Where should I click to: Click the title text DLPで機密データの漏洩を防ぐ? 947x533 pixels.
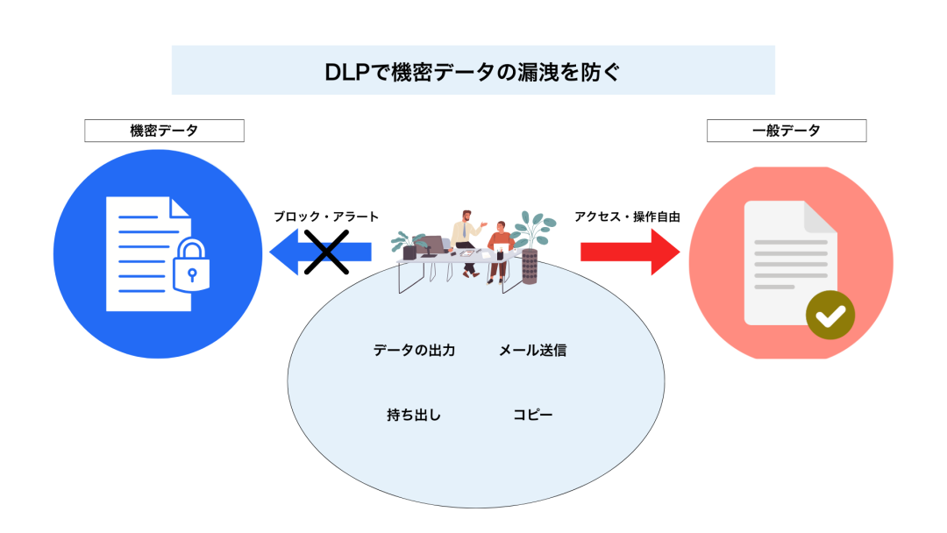pyautogui.click(x=473, y=71)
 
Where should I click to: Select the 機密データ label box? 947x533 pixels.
pyautogui.click(x=164, y=131)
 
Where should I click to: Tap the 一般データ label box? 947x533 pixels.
pyautogui.click(x=786, y=131)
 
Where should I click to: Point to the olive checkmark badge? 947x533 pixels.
pyautogui.click(x=830, y=314)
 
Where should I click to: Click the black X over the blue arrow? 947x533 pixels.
pyautogui.click(x=326, y=252)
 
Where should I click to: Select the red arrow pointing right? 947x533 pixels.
pyautogui.click(x=630, y=252)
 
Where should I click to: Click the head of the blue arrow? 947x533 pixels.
pyautogui.click(x=286, y=252)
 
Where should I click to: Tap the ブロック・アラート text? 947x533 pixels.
pyautogui.click(x=325, y=217)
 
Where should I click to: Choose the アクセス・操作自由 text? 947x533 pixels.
pyautogui.click(x=627, y=217)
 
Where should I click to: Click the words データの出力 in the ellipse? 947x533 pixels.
pyautogui.click(x=414, y=351)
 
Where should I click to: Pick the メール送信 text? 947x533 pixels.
pyautogui.click(x=532, y=351)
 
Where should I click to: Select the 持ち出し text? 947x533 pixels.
pyautogui.click(x=414, y=415)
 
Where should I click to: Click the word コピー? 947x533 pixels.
pyautogui.click(x=533, y=415)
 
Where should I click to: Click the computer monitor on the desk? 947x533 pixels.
pyautogui.click(x=431, y=245)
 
